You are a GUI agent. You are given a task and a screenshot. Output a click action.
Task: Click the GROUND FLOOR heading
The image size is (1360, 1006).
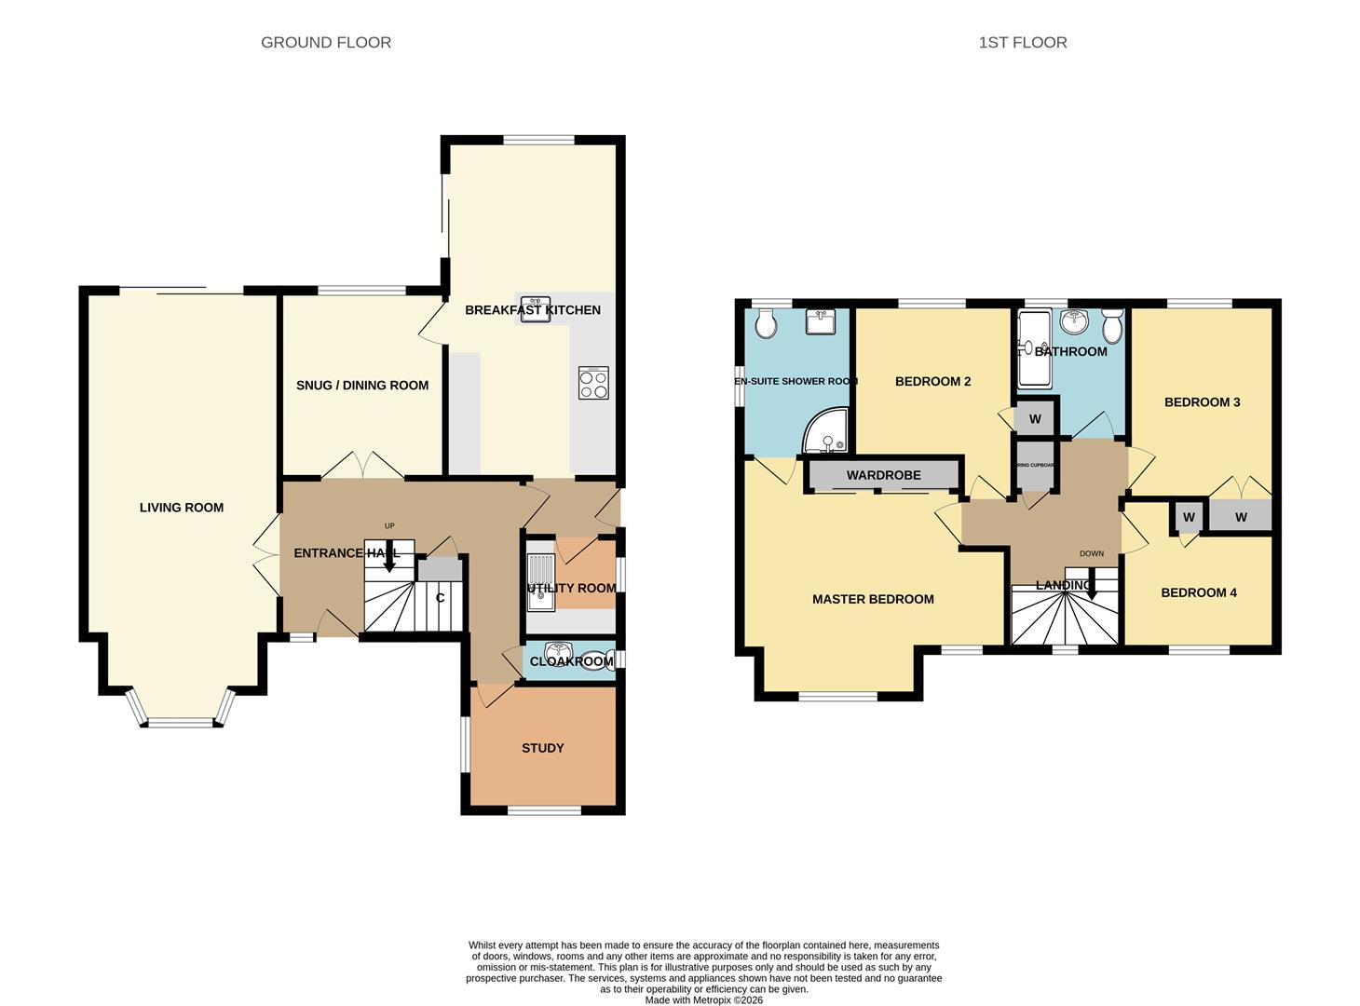pyautogui.click(x=326, y=42)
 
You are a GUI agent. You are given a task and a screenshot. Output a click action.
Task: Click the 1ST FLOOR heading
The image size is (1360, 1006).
pyautogui.click(x=1022, y=42)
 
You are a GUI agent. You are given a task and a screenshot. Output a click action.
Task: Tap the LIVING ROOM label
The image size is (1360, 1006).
pyautogui.click(x=182, y=508)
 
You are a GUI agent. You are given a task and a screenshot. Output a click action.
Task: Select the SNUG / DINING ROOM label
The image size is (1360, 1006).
pyautogui.click(x=362, y=385)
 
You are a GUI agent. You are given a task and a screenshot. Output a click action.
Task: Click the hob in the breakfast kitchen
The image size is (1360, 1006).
pyautogui.click(x=593, y=383)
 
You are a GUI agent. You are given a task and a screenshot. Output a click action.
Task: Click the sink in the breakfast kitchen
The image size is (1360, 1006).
pyautogui.click(x=536, y=310)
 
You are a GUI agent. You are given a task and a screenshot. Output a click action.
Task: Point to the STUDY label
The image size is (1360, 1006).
pyautogui.click(x=542, y=748)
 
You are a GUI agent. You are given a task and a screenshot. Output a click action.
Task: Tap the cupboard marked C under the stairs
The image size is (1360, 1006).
pyautogui.click(x=440, y=597)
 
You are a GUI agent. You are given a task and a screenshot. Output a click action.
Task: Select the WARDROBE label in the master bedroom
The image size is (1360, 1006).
pyautogui.click(x=883, y=475)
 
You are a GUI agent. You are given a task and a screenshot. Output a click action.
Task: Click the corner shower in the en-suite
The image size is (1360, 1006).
pyautogui.click(x=827, y=433)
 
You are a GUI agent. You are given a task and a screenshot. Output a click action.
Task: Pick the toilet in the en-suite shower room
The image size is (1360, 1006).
pyautogui.click(x=766, y=324)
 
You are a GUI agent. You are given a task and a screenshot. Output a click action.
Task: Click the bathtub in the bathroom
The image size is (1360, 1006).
pyautogui.click(x=1031, y=349)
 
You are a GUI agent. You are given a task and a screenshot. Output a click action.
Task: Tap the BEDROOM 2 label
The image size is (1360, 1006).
pyautogui.click(x=932, y=381)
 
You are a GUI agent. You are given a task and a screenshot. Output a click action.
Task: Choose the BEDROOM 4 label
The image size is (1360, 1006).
pyautogui.click(x=1198, y=592)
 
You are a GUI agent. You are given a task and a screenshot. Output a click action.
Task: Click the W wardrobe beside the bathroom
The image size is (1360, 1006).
pyautogui.click(x=1035, y=418)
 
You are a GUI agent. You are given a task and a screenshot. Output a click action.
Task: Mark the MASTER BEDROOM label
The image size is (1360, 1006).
pyautogui.click(x=873, y=599)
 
